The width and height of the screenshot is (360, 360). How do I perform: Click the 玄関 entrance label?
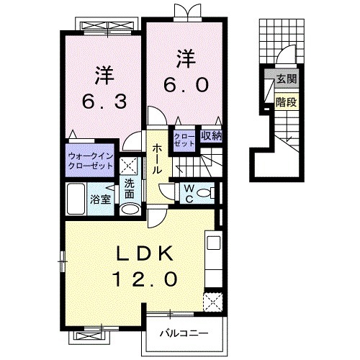(287, 78)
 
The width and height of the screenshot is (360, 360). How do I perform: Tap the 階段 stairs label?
(287, 102)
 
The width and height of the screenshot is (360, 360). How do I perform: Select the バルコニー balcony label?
(184, 333)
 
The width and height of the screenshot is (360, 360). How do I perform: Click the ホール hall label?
(157, 159)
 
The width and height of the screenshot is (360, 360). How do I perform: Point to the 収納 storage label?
(212, 136)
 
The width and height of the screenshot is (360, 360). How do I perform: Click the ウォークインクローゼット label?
(91, 161)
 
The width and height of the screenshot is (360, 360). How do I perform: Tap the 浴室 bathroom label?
(100, 199)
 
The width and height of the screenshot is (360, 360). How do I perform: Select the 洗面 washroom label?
(130, 189)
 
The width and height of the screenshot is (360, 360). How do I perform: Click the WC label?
(189, 194)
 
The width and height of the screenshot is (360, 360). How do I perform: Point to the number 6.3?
(104, 102)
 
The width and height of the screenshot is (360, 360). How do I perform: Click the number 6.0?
(186, 86)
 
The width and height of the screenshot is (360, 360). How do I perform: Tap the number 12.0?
(145, 279)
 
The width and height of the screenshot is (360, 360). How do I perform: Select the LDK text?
(145, 253)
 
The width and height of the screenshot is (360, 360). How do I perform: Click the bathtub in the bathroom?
(76, 199)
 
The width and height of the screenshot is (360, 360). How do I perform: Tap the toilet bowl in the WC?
(203, 193)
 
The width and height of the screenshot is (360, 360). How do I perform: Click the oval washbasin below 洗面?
(130, 209)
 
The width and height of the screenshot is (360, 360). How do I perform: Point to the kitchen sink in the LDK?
(214, 243)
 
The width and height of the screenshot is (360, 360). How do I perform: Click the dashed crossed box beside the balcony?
(212, 302)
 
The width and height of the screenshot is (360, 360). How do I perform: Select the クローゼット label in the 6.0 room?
(184, 140)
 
